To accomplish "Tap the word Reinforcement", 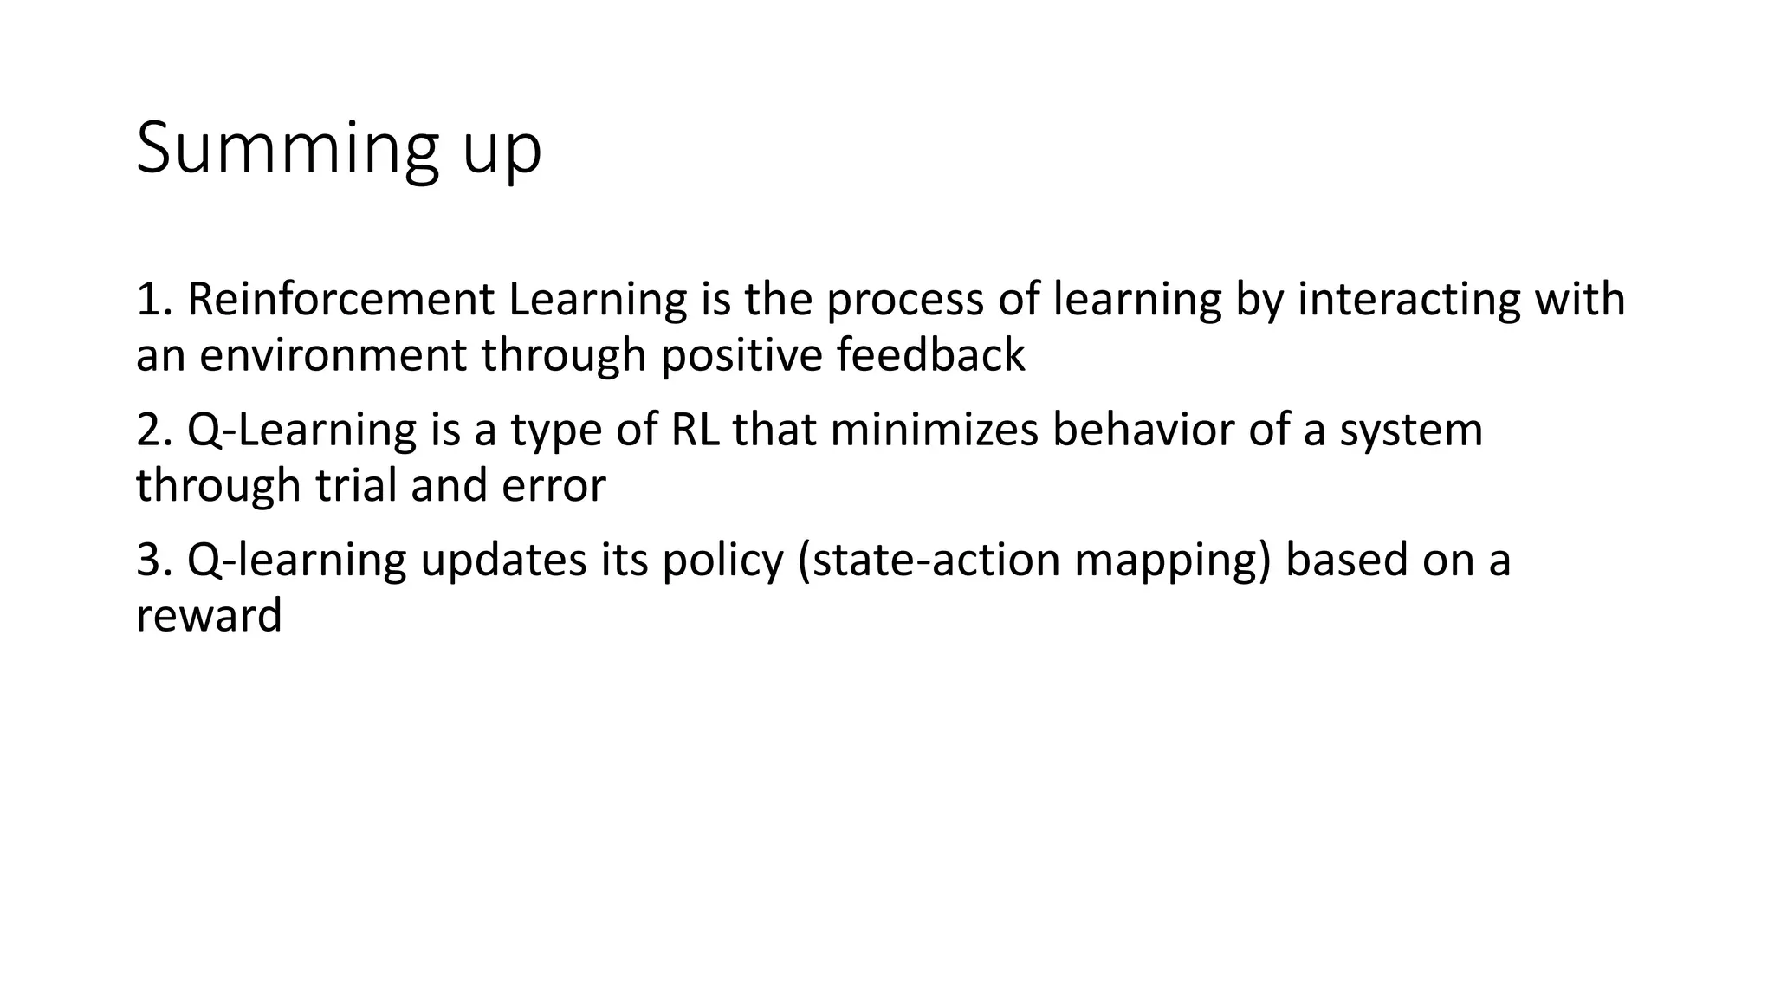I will coord(340,300).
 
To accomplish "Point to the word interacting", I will coord(1409,300).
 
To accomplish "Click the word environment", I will coord(333,356).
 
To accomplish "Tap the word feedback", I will coord(930,356).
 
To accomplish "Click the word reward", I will coord(209,616).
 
